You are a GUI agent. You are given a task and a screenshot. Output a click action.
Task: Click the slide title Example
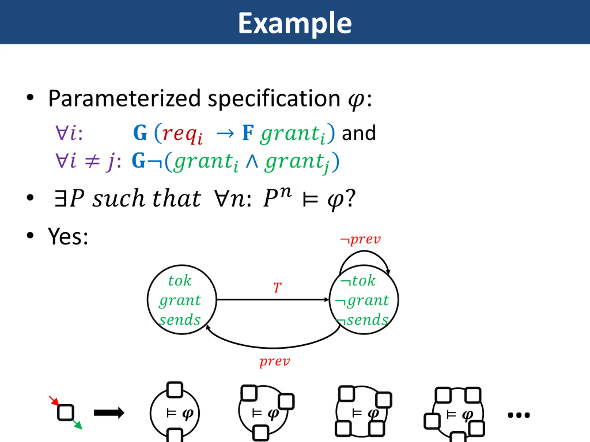tap(295, 23)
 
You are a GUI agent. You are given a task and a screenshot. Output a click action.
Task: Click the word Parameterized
tap(124, 99)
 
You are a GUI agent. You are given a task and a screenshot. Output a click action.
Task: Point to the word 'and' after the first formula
tap(359, 133)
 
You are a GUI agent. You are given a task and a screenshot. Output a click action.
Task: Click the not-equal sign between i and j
tap(92, 161)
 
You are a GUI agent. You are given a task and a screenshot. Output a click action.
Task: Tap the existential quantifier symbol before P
tap(60, 198)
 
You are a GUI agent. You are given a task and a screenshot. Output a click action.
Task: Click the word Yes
tap(68, 236)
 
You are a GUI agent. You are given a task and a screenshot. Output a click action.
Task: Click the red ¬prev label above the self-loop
tap(360, 239)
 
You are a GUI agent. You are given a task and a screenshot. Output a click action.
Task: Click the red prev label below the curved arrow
tap(275, 361)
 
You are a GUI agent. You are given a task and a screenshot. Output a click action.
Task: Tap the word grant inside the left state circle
tap(180, 300)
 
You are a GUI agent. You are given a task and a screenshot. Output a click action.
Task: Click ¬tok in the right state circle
tap(358, 281)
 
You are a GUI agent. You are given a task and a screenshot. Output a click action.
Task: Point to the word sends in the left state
tap(180, 320)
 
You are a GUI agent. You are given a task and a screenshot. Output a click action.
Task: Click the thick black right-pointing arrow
tap(109, 413)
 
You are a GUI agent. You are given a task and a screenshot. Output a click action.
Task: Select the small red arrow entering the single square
tap(54, 400)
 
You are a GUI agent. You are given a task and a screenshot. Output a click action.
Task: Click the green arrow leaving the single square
tap(78, 425)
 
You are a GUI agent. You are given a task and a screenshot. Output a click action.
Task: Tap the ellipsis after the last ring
tap(519, 415)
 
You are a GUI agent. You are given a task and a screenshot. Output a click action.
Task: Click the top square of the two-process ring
tap(175, 390)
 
